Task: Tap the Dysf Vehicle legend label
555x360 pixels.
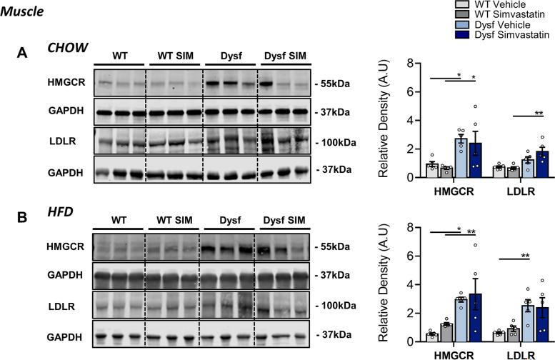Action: coord(478,24)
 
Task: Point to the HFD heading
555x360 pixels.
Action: coord(61,211)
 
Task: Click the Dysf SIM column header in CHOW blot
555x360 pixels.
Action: coord(284,56)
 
